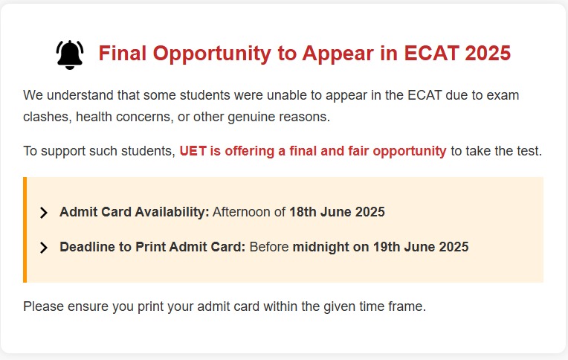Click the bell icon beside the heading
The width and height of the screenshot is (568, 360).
tap(70, 55)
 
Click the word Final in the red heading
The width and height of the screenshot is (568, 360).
tap(123, 53)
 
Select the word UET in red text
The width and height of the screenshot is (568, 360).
tap(193, 151)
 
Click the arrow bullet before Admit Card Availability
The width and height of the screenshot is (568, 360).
tap(43, 213)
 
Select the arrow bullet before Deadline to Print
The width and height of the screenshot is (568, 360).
tap(43, 248)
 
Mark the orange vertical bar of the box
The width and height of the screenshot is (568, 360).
tap(25, 230)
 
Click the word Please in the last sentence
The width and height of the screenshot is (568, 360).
tap(43, 306)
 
